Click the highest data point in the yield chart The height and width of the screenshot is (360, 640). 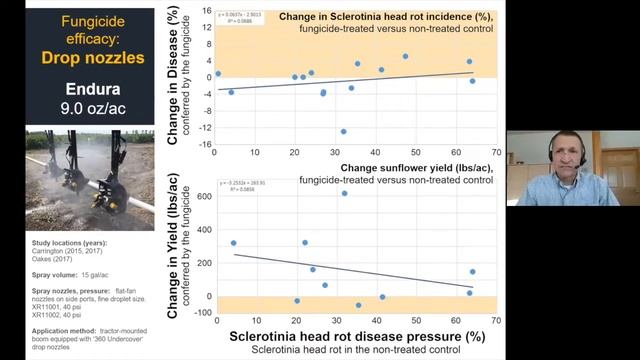pyautogui.click(x=344, y=193)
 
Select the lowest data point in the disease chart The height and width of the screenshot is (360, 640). pyautogui.click(x=343, y=131)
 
